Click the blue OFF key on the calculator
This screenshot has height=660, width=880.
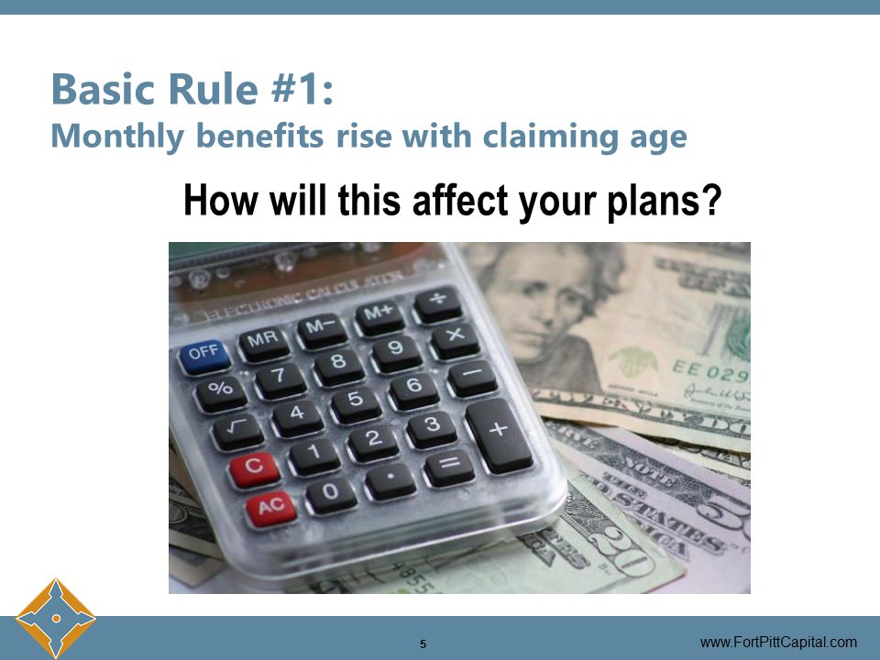coord(204,354)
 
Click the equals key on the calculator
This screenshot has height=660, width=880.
coord(448,466)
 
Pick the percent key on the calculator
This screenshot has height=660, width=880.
coord(221,389)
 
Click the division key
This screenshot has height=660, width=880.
coord(437,302)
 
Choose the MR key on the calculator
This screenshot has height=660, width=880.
coord(264,341)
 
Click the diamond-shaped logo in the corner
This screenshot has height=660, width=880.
coord(56,619)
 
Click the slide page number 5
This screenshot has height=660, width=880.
coord(423,643)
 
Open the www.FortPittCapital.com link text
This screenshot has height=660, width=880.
coord(778,643)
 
